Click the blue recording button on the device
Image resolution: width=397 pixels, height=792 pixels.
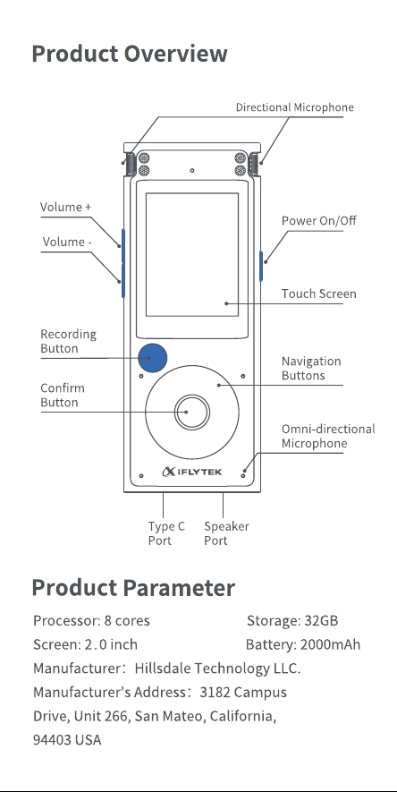point(152,358)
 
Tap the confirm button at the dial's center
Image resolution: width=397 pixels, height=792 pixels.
point(191,412)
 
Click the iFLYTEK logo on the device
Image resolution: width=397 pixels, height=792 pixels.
point(191,472)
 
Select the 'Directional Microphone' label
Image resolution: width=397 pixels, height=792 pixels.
point(294,107)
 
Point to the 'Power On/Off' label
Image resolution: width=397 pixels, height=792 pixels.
point(319,221)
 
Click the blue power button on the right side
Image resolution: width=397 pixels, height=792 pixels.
point(261,266)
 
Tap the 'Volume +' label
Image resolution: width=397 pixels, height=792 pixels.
point(65,207)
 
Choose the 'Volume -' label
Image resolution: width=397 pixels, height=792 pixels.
point(66,242)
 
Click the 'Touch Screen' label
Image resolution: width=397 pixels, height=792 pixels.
point(319,294)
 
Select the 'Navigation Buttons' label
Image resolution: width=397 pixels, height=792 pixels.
point(311,368)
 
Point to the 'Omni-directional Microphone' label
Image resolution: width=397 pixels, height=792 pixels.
point(328,436)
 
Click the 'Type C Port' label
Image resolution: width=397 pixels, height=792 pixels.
point(166,533)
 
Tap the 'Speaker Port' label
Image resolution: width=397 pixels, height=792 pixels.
point(226,533)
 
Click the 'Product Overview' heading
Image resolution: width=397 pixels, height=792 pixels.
point(130,54)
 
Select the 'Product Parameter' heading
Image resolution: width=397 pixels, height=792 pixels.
point(134,588)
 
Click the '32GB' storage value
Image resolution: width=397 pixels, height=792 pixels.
point(321,621)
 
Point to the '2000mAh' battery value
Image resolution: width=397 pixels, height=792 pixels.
point(331,645)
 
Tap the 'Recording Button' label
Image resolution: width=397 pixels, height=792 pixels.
point(68,342)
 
